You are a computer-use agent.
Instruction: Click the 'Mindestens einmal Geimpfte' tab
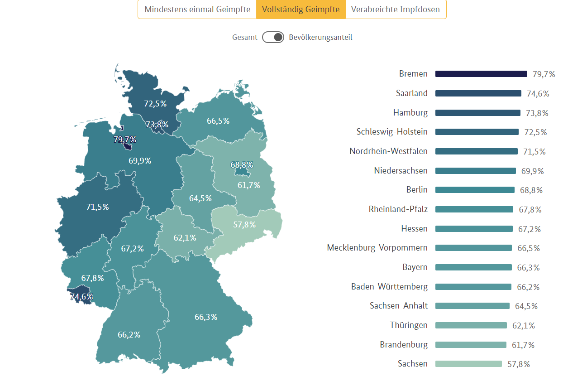(197, 10)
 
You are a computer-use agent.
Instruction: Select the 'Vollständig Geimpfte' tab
(301, 10)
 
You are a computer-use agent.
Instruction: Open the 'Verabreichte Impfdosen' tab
(395, 10)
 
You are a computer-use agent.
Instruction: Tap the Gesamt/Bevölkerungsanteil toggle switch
(273, 37)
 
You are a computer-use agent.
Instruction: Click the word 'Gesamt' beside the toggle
(245, 38)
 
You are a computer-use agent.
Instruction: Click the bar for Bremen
(481, 74)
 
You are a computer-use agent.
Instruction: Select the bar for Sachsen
(468, 364)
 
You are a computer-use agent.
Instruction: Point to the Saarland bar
(478, 93)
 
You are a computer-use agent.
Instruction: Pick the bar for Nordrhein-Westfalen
(476, 151)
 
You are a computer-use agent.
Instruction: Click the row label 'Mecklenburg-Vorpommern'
(377, 248)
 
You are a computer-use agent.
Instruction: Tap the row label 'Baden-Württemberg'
(389, 287)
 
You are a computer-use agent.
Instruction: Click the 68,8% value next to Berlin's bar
(531, 190)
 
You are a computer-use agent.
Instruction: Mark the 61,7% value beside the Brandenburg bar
(523, 345)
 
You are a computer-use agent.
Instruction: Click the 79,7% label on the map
(125, 139)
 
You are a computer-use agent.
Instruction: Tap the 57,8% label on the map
(244, 225)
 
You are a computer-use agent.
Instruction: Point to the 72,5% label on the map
(155, 103)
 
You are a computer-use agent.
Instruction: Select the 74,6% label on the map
(81, 297)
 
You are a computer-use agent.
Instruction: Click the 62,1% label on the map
(185, 237)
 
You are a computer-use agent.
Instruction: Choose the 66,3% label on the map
(206, 317)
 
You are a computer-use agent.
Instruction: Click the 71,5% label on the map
(97, 207)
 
